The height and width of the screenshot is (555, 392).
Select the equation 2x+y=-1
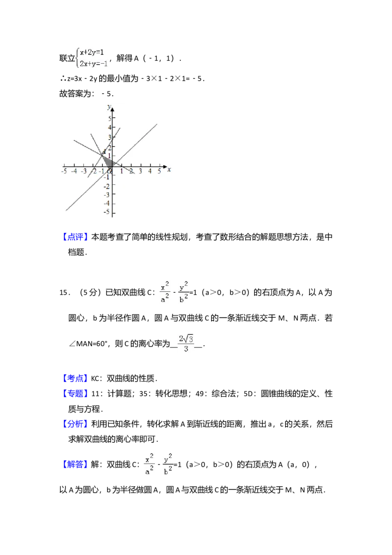[x=95, y=63]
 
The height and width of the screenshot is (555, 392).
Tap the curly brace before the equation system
[x=77, y=58]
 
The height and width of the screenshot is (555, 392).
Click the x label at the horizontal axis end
[x=169, y=170]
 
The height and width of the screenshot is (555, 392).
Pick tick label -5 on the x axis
[x=64, y=171]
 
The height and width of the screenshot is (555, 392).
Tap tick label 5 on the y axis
[x=109, y=118]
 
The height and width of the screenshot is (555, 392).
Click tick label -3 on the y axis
[x=108, y=194]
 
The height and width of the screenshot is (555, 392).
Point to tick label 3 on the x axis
[x=140, y=171]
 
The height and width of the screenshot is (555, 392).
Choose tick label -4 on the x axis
[x=73, y=171]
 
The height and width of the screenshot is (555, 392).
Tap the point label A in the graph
[x=104, y=151]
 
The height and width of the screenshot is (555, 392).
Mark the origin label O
[x=109, y=171]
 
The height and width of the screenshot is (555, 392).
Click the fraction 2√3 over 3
[x=186, y=343]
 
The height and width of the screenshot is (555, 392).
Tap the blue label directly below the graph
[x=76, y=237]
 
